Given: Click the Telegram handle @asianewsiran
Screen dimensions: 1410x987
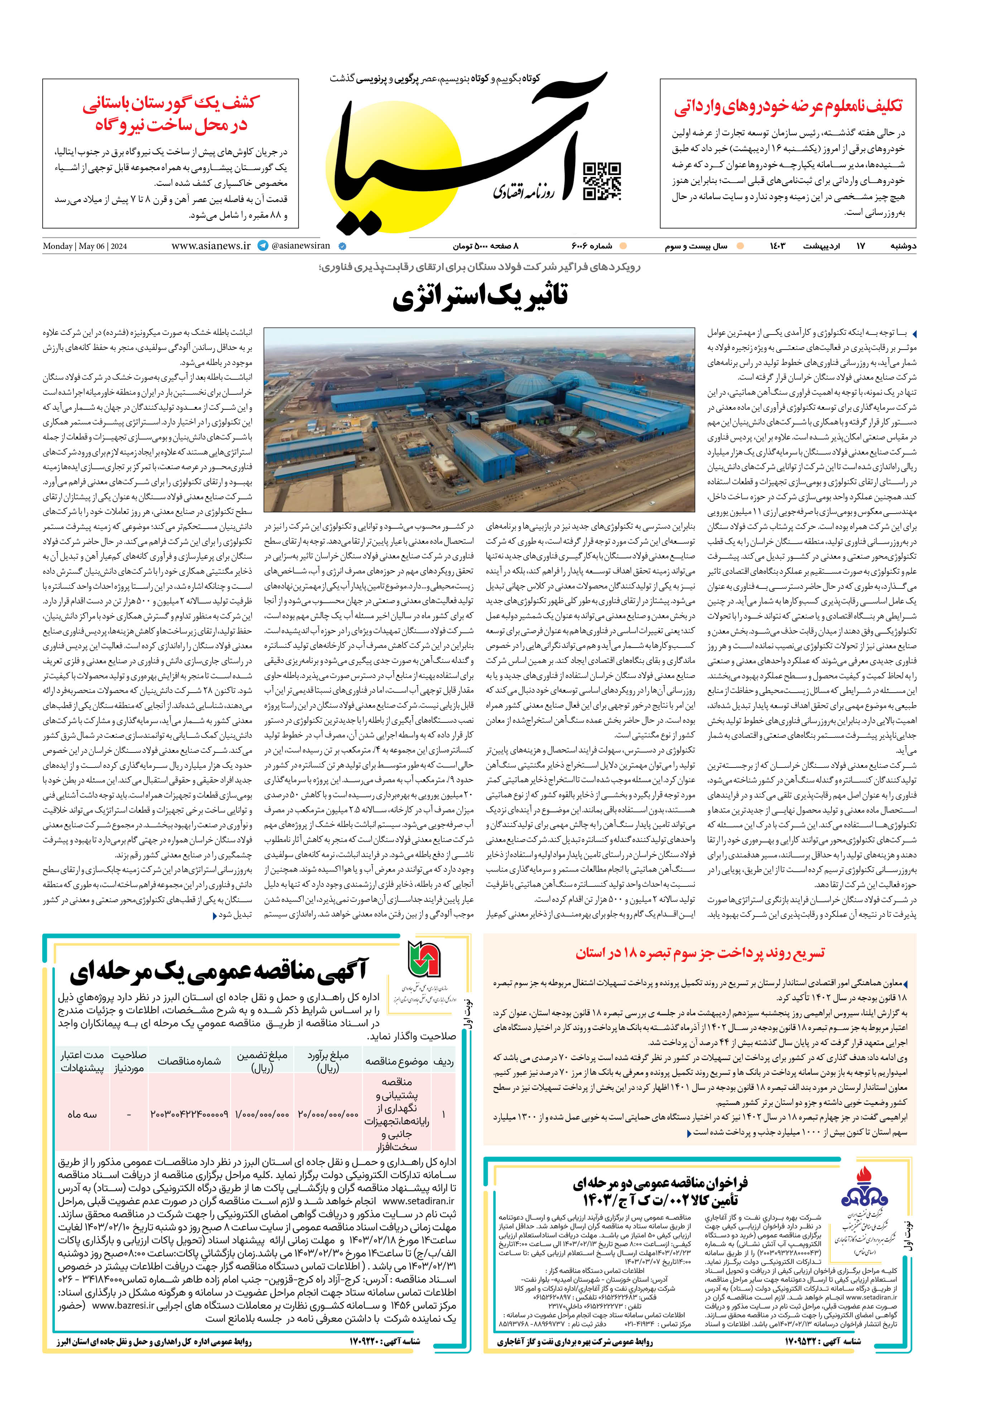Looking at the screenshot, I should [x=300, y=246].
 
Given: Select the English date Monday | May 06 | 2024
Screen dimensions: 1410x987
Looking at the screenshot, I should [x=85, y=246].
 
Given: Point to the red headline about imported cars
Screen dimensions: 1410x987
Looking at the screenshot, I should [x=788, y=106].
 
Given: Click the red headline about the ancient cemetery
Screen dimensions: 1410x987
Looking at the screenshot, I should [x=171, y=114].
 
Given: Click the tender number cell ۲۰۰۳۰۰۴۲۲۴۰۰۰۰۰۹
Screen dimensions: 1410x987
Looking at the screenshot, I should [x=189, y=1114].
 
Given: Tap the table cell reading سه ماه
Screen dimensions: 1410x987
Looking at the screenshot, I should [x=82, y=1114].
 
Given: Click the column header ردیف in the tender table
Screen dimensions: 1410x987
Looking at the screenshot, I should [x=443, y=1061].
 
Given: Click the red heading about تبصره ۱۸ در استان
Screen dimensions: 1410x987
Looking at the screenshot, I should [x=700, y=953].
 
